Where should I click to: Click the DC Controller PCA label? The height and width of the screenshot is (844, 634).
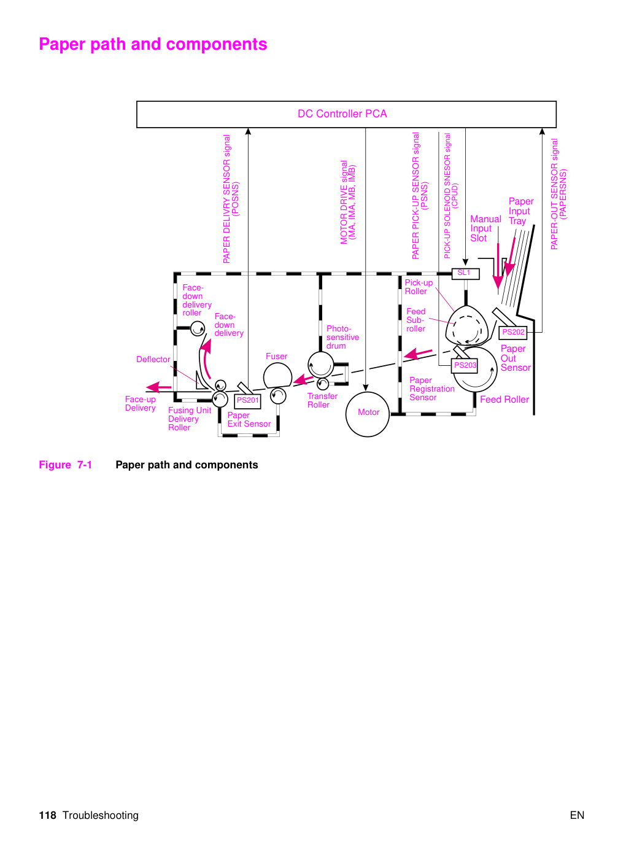[x=342, y=114]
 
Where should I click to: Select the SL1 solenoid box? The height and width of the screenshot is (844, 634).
[x=465, y=273]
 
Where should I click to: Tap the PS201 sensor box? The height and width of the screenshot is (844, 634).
[x=247, y=401]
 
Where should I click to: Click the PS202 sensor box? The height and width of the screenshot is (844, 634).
[x=513, y=332]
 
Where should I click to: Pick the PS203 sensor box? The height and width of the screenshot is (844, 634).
[x=465, y=365]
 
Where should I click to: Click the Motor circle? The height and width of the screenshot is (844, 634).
[x=368, y=414]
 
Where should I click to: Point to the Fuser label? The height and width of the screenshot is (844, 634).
[x=276, y=357]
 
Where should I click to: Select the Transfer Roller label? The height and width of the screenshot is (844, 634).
[x=322, y=400]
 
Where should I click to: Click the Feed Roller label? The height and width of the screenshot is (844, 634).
[x=504, y=400]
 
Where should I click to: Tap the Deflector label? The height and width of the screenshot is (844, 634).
[x=153, y=359]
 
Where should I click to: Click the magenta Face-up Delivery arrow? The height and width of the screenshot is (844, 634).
[x=159, y=387]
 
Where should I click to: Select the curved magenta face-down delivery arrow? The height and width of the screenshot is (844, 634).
[x=206, y=358]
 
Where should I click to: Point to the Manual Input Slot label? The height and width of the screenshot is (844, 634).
[x=485, y=228]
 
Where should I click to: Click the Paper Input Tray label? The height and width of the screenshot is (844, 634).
[x=521, y=211]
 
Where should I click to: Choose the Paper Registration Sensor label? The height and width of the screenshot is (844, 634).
[x=431, y=389]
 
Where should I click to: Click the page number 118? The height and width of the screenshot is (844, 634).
[x=48, y=815]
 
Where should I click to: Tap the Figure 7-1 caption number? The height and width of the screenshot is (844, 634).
[x=85, y=465]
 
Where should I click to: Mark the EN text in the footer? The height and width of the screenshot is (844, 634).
[x=577, y=815]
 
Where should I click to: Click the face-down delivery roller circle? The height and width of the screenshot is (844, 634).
[x=198, y=329]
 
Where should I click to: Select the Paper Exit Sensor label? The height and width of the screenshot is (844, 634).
[x=249, y=419]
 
